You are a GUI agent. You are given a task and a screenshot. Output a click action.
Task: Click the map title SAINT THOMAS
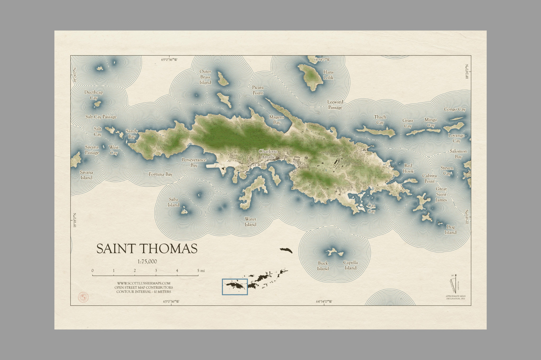point(147,249)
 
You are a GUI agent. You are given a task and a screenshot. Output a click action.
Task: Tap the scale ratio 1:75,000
point(147,262)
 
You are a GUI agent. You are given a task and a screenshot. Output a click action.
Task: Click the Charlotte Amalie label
point(268,154)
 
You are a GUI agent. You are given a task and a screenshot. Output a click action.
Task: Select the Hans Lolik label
point(328,75)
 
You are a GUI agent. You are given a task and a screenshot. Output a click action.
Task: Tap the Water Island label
point(250,222)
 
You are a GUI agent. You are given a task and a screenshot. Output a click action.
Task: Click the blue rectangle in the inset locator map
point(235,287)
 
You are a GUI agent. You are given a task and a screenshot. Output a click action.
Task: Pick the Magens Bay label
point(276,120)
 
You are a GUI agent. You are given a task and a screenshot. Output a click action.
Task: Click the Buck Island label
point(323,266)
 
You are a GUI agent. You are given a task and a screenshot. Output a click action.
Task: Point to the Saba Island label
point(174,202)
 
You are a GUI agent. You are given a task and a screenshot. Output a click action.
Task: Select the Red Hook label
point(408,168)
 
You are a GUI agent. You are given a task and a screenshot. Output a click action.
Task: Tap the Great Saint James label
point(441,194)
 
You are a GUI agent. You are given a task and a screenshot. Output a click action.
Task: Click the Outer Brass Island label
point(205,77)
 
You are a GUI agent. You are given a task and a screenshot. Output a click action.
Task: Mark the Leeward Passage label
point(335,105)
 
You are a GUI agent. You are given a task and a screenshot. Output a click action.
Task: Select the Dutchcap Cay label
point(94,95)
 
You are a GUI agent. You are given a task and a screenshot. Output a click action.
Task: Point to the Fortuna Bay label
point(160,174)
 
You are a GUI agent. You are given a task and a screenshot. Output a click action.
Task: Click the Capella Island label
point(350,265)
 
